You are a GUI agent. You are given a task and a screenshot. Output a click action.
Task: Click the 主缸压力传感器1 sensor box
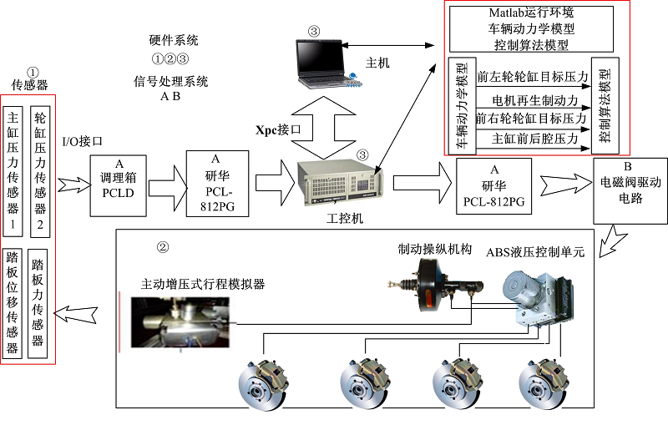14,171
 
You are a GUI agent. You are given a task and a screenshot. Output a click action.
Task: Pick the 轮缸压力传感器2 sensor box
39,171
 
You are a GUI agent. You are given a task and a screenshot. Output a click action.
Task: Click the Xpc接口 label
278,130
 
